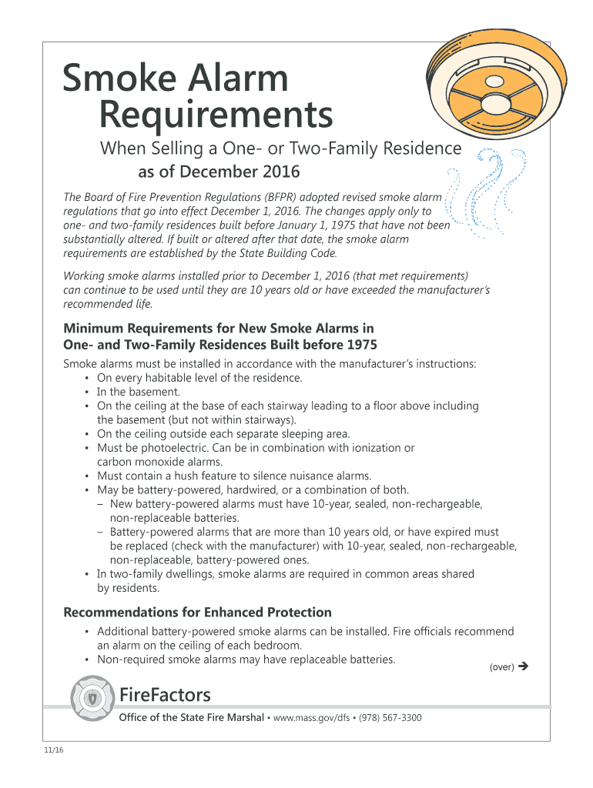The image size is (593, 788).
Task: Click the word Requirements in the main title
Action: [x=216, y=116]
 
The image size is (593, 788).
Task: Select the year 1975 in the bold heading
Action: [x=362, y=344]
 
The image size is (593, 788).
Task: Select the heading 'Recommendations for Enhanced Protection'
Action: [x=197, y=613]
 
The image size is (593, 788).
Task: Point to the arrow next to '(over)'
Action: [x=524, y=666]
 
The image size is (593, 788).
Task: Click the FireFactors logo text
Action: [x=165, y=695]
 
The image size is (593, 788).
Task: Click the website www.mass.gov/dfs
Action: [x=313, y=718]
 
